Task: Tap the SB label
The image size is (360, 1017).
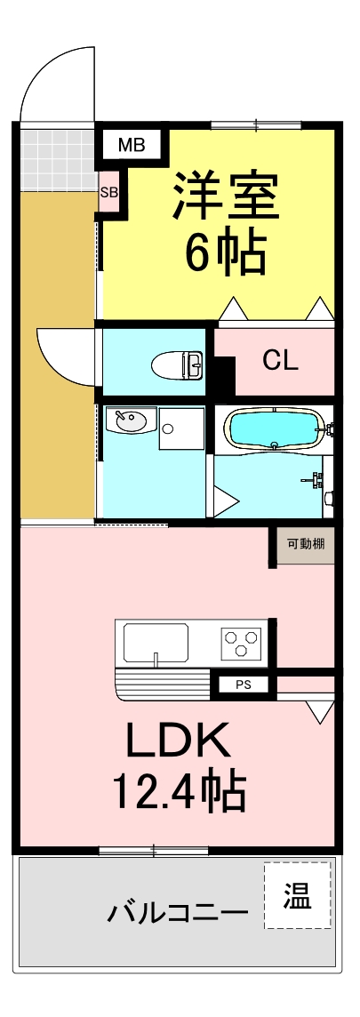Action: (x=108, y=191)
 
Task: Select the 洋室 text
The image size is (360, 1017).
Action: (x=226, y=196)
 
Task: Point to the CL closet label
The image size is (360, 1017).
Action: (x=280, y=361)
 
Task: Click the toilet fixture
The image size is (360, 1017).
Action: (x=178, y=364)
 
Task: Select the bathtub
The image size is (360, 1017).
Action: (x=275, y=430)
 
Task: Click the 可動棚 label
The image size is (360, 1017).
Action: (x=304, y=542)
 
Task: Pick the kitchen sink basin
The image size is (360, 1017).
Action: (x=156, y=642)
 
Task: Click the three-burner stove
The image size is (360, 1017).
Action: (x=241, y=642)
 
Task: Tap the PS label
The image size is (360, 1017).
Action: (x=244, y=685)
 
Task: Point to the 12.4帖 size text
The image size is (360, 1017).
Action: (x=179, y=789)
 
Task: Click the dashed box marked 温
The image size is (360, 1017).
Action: (x=298, y=896)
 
